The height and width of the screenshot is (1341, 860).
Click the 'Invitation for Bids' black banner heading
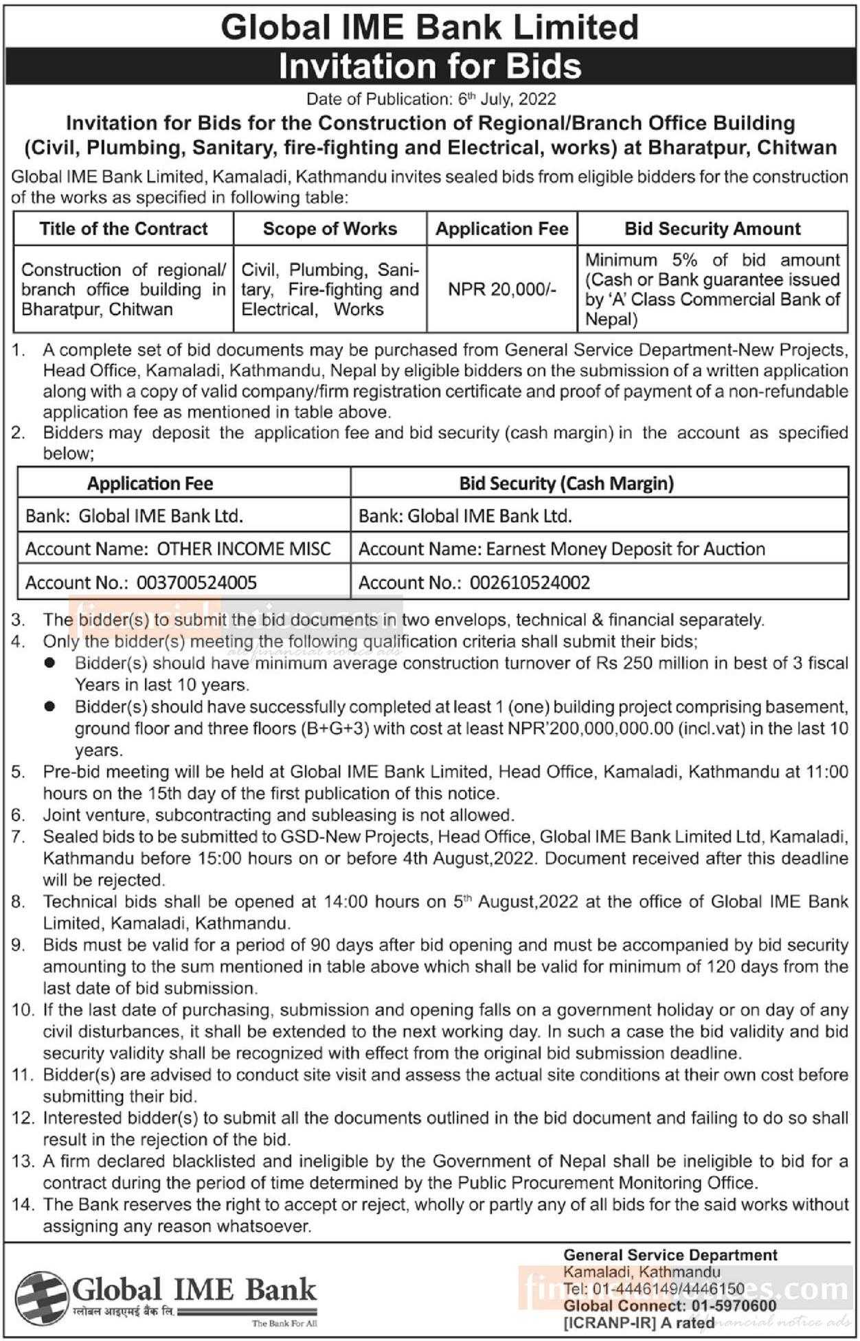(x=430, y=67)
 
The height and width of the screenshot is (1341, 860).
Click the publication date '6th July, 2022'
(x=507, y=100)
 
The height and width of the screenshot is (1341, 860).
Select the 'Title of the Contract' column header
(x=124, y=229)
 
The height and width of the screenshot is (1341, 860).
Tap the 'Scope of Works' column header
(x=330, y=229)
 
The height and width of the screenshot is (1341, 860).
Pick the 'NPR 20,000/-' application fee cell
(x=502, y=289)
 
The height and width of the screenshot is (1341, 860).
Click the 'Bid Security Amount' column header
(x=712, y=229)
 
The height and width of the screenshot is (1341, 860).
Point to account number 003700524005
(x=196, y=583)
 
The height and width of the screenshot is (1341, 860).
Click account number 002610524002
(x=530, y=583)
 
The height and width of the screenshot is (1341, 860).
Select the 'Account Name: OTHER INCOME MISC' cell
(x=178, y=549)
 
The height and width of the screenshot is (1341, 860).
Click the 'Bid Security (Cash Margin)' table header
(x=566, y=483)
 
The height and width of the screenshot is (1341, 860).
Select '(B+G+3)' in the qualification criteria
(x=335, y=729)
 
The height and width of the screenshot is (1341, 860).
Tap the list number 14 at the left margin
(x=22, y=1204)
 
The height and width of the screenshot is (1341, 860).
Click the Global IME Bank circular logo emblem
(x=41, y=1294)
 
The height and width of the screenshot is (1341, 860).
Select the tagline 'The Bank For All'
(x=284, y=1323)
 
